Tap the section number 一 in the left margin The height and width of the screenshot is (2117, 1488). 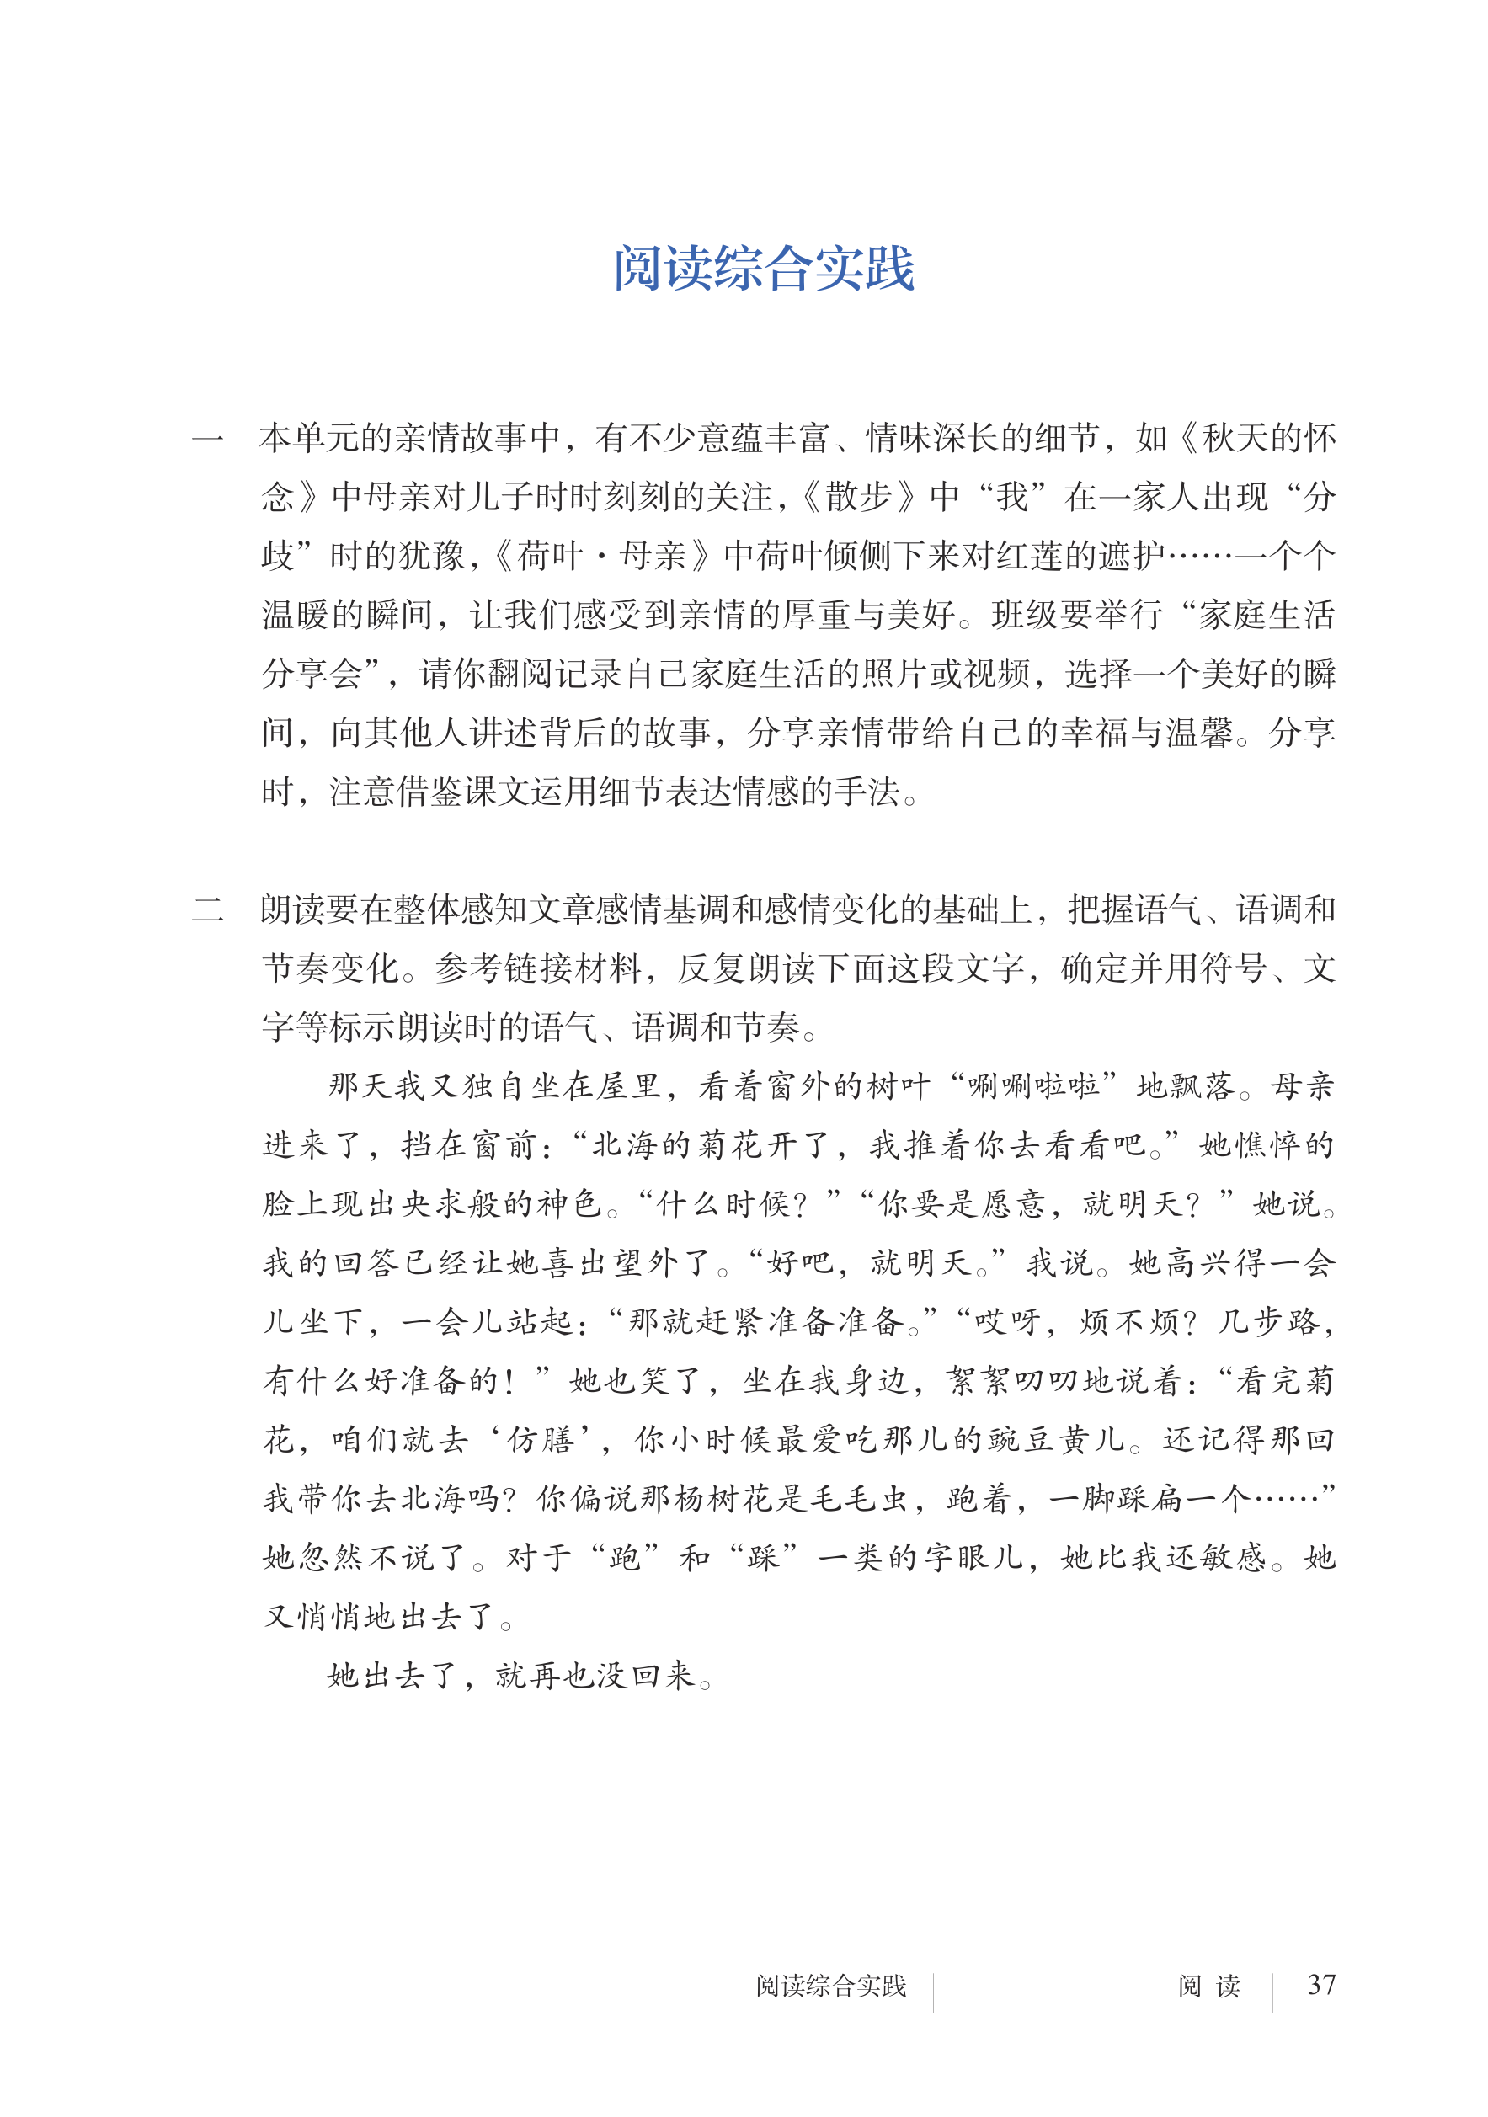[207, 439]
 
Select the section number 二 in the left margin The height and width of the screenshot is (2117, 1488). [207, 910]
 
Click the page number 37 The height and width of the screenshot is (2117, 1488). [1321, 1984]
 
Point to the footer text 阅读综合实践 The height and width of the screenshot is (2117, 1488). [830, 1985]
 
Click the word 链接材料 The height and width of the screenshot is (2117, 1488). [575, 969]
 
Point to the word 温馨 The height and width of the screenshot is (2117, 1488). [1200, 733]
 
